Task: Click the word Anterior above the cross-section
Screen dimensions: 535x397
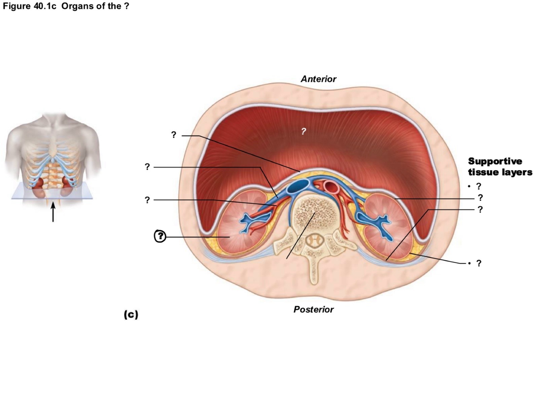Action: [x=318, y=79]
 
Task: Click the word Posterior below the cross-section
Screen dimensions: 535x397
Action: [x=313, y=309]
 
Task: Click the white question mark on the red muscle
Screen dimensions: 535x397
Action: [x=304, y=131]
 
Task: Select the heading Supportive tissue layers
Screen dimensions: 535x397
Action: [x=500, y=167]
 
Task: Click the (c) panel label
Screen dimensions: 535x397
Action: [x=131, y=315]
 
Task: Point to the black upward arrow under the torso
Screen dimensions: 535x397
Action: [x=53, y=213]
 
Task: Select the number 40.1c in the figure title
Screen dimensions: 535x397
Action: [x=45, y=6]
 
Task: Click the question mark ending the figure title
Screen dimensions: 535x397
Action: [x=127, y=6]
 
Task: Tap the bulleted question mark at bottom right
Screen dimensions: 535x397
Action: [x=478, y=263]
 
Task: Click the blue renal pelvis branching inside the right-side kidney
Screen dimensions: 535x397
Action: [x=373, y=222]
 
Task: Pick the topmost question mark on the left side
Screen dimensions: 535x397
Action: [x=174, y=135]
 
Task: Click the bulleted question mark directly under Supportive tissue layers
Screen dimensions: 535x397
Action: [x=478, y=186]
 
